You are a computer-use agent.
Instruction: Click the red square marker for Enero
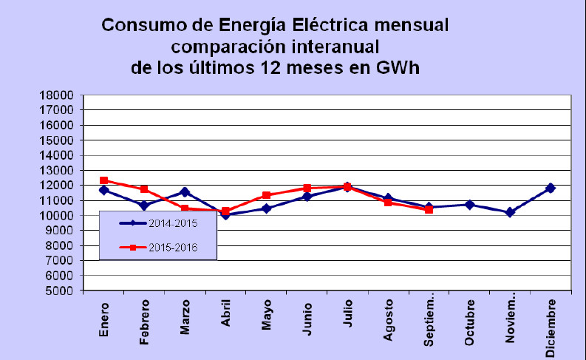tap(104, 180)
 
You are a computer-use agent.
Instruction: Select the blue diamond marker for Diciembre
tap(550, 188)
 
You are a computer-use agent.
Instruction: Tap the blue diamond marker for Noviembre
tap(510, 212)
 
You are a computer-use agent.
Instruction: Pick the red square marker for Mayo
tap(267, 195)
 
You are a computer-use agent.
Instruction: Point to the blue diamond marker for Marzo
tap(185, 192)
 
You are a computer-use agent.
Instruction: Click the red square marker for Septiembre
tap(429, 210)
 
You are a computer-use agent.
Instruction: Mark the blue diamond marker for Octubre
tap(470, 205)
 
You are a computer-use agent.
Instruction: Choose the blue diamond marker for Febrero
tap(144, 206)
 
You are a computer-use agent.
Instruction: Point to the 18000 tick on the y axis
tap(56, 95)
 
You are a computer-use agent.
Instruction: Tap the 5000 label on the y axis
tap(59, 291)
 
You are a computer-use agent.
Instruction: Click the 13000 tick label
tap(56, 171)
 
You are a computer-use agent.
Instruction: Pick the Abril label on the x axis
tap(225, 313)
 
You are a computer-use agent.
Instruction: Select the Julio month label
tap(347, 313)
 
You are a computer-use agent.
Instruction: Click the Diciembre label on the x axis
tap(550, 328)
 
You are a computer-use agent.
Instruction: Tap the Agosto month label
tap(388, 320)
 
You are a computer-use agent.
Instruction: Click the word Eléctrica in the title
tap(330, 25)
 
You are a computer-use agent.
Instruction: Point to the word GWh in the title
tap(398, 68)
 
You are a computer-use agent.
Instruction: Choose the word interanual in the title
tap(335, 47)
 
